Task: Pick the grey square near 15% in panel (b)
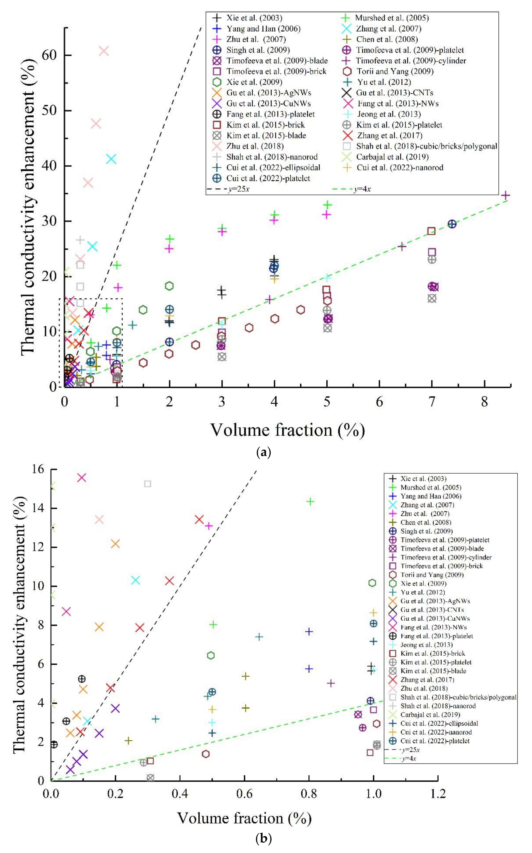[x=148, y=484]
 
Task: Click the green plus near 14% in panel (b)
[x=310, y=502]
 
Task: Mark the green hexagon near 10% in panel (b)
[x=372, y=583]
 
